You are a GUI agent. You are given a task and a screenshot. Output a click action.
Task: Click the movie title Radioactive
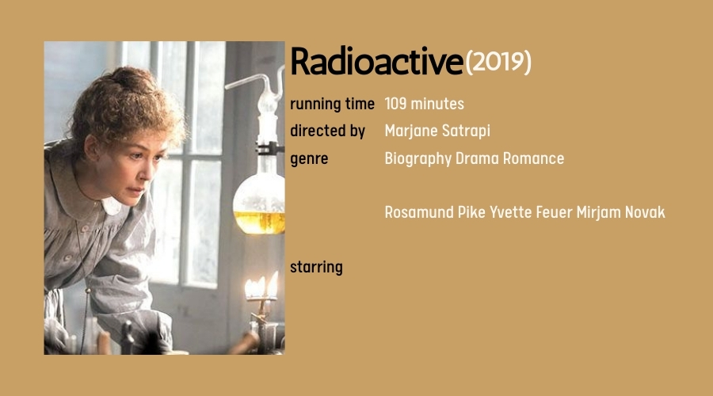(376, 62)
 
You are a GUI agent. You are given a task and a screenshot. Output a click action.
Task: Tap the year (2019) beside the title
(498, 62)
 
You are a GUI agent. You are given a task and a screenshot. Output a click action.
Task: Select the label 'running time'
(332, 104)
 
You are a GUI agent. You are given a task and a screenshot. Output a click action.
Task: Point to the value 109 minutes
(424, 104)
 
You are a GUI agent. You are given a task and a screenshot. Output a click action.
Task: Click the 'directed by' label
(327, 131)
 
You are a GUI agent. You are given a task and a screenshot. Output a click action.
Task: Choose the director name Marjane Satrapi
(437, 131)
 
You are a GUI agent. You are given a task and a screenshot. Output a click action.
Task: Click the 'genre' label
(309, 158)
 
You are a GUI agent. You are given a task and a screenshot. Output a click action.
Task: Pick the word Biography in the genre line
(418, 158)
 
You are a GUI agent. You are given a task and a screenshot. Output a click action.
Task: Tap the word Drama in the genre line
(477, 158)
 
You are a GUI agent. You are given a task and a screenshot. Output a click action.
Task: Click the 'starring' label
(316, 267)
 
